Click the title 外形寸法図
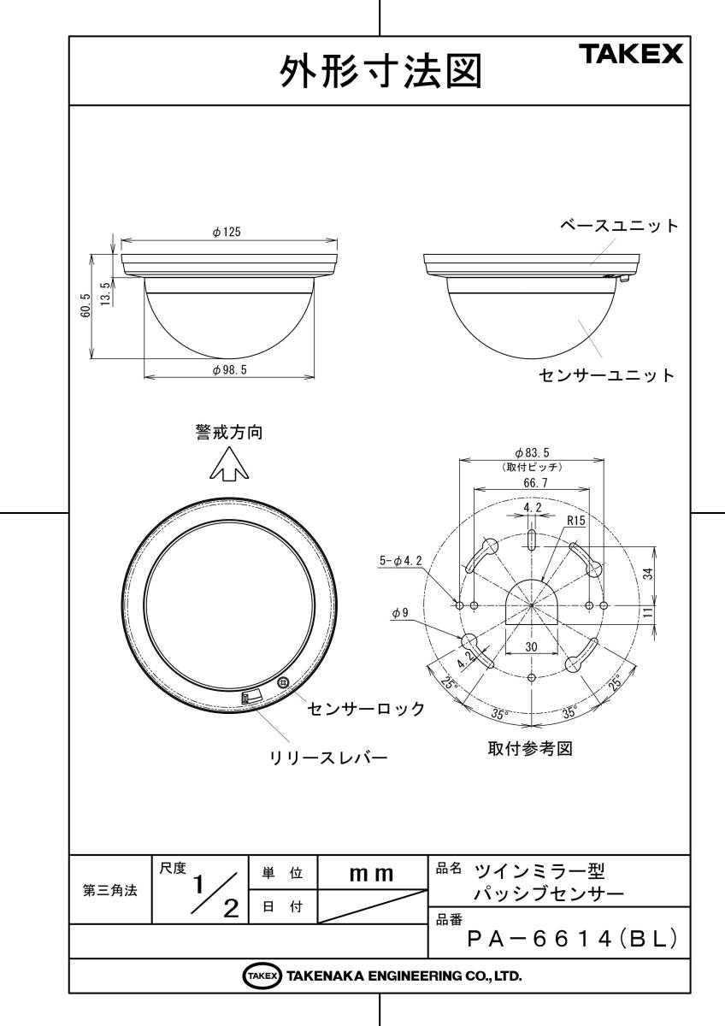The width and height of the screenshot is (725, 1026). [380, 72]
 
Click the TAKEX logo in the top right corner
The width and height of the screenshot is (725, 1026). [631, 54]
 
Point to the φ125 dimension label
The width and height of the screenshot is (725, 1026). [227, 233]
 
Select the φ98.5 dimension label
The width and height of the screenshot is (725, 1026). [229, 369]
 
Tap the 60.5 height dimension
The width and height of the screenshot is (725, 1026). [86, 306]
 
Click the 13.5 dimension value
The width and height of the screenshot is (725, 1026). [105, 293]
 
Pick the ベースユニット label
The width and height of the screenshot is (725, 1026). [619, 226]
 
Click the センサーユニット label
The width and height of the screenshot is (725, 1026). [606, 375]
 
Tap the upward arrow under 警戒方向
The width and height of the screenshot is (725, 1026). [229, 463]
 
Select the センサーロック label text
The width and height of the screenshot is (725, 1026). [366, 709]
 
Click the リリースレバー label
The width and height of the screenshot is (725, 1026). [329, 758]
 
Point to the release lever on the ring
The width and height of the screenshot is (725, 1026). [252, 696]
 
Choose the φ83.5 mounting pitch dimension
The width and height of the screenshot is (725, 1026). [532, 453]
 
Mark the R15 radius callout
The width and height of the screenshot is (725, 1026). [575, 521]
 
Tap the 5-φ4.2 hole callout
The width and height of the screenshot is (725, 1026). [401, 560]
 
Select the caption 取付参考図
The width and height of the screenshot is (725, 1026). [530, 748]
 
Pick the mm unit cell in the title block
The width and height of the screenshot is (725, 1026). [372, 874]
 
